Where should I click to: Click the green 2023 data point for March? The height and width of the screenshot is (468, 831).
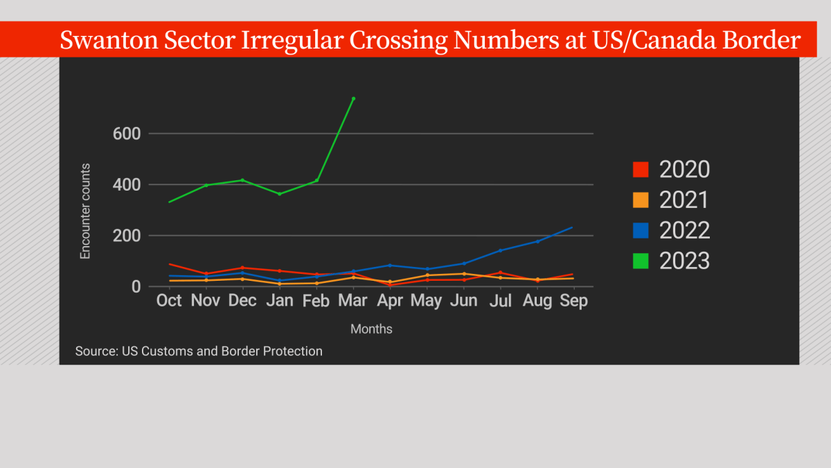pos(353,98)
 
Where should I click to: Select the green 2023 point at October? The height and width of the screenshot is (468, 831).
pos(169,202)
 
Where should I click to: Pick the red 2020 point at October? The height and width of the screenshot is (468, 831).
pos(169,264)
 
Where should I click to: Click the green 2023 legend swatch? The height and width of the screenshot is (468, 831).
pos(641,261)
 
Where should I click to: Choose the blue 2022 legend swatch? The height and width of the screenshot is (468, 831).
pos(641,230)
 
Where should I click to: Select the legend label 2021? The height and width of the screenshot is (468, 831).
pos(684,200)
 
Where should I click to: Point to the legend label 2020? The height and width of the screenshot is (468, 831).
pos(684,169)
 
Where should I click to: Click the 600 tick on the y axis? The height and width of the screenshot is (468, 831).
pos(127,133)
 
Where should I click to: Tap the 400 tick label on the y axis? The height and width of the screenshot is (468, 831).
pos(127,184)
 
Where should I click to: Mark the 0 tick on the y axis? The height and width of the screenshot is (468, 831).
pos(136,286)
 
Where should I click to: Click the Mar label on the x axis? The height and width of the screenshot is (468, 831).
pos(354,301)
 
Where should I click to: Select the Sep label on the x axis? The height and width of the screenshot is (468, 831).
pos(573,301)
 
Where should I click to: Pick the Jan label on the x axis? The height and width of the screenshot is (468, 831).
pos(279,301)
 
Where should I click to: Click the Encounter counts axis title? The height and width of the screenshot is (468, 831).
pos(85,211)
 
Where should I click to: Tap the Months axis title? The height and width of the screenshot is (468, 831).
pos(371,329)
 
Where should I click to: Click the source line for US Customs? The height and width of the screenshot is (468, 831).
pos(199,352)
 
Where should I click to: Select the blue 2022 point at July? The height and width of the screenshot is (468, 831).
pos(500,250)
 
